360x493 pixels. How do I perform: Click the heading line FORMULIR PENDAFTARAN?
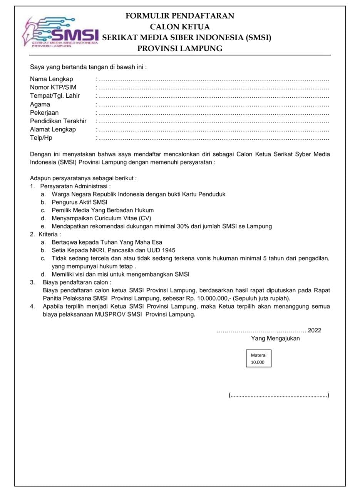180,16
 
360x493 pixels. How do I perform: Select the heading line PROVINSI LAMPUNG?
180,49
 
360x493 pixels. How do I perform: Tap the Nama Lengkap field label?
52,79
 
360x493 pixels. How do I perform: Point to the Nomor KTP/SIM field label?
53,87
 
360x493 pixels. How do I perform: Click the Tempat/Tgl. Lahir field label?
55,96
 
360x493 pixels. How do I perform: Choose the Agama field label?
40,104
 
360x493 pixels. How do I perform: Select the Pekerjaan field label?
44,113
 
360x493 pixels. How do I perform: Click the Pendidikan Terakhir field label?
58,121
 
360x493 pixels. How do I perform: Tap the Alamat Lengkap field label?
53,129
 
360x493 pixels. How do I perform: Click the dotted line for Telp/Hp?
214,139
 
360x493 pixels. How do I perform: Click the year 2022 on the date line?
315,330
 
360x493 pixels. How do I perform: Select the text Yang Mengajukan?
275,339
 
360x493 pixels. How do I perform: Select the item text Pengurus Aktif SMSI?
80,202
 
